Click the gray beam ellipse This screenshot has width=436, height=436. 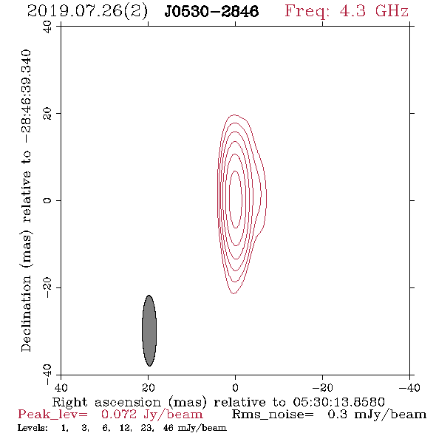(149, 330)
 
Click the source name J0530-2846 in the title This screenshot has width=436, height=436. (211, 12)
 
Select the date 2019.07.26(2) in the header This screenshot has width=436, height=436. (87, 12)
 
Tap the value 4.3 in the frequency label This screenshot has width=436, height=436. (352, 11)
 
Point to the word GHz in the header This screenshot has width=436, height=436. (392, 11)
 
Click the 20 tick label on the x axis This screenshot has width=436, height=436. (149, 387)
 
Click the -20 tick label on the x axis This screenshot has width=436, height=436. (322, 387)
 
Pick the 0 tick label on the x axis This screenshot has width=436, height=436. (235, 387)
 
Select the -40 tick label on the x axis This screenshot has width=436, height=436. (409, 387)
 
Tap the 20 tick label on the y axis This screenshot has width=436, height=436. (47, 114)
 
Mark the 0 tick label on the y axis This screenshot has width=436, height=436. (47, 200)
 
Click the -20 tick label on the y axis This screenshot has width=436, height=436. (47, 287)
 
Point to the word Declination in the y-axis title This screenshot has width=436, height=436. (26, 313)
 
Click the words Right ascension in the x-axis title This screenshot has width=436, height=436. (106, 402)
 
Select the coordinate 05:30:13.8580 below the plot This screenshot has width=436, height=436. (338, 402)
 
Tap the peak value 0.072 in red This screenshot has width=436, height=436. (119, 415)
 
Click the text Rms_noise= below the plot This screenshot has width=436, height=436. (273, 415)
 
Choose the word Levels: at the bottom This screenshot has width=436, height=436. (33, 428)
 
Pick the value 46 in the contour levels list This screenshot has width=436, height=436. (168, 428)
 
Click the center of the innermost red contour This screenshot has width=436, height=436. (236, 200)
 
